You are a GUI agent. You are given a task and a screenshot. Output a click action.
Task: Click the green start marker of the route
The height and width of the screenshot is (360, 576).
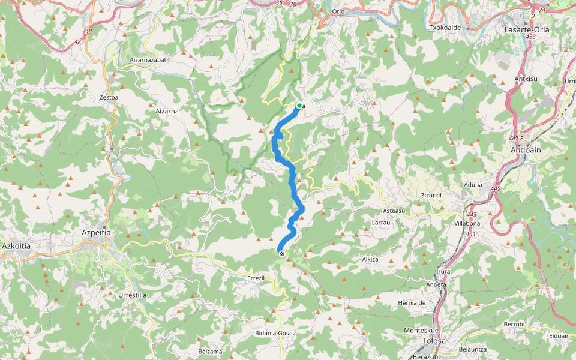[299, 106]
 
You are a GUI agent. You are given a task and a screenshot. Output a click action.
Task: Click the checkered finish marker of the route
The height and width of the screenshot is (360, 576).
[282, 254]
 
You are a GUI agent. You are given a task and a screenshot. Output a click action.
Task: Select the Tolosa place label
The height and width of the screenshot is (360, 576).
[434, 341]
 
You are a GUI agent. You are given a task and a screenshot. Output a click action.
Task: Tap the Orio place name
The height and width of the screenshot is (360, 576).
[339, 11]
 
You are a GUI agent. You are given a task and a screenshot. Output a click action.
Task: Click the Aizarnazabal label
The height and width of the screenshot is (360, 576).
[148, 60]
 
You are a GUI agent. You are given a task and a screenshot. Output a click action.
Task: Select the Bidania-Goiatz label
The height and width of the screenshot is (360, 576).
[275, 332]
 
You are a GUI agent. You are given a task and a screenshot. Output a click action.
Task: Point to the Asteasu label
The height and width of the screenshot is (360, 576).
[394, 211]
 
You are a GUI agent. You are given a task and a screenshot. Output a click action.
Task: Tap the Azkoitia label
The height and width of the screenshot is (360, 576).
[16, 246]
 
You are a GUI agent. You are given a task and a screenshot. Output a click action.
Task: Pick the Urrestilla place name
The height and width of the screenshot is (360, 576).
[133, 295]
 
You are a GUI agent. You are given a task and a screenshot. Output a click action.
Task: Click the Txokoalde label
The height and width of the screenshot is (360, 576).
[445, 28]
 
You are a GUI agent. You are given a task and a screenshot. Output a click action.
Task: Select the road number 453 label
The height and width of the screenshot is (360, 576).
[530, 37]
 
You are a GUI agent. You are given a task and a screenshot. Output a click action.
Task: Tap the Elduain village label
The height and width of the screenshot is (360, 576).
[559, 336]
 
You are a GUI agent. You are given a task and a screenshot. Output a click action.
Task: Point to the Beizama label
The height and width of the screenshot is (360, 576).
[210, 351]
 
